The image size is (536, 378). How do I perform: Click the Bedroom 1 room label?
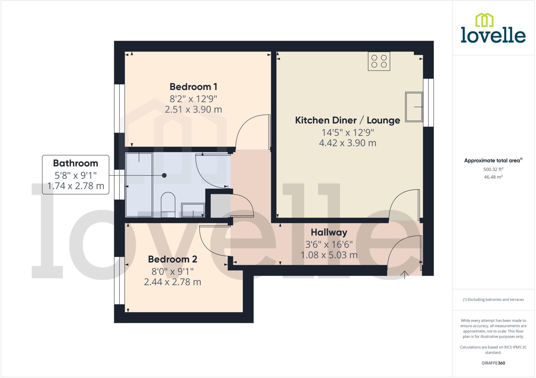click(x=193, y=87)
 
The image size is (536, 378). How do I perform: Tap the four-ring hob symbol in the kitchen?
click(x=379, y=61)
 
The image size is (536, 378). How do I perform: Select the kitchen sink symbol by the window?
click(x=414, y=107)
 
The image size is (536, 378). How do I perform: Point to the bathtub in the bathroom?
click(x=139, y=185)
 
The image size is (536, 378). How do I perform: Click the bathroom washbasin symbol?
click(x=193, y=210)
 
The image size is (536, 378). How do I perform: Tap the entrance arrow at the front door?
click(x=404, y=275)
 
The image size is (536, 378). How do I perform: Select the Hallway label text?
click(x=329, y=232)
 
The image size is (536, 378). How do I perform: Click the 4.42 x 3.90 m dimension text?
click(x=347, y=143)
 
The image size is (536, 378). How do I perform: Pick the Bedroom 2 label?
click(x=172, y=259)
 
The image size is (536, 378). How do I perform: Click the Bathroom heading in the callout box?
click(x=75, y=163)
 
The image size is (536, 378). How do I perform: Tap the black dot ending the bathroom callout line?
click(x=164, y=176)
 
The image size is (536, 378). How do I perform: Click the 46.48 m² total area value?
click(x=493, y=177)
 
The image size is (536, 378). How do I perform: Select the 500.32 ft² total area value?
click(x=493, y=169)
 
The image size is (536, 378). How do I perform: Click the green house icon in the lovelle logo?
click(x=484, y=20)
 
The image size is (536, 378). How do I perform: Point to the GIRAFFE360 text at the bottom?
click(x=493, y=363)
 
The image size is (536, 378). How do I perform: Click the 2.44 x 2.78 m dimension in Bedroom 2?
click(x=172, y=282)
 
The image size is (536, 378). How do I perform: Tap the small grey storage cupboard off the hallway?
click(x=220, y=206)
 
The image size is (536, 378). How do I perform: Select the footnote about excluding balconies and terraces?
click(x=493, y=300)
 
